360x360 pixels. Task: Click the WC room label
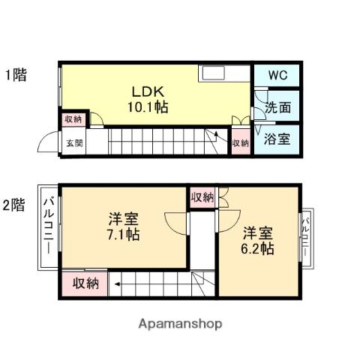278,75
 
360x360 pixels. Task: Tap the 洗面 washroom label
277,107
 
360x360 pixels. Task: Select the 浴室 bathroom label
277,139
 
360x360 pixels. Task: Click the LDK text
148,91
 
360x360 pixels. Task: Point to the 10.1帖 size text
148,107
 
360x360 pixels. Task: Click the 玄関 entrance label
74,142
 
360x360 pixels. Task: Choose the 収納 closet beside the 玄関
73,119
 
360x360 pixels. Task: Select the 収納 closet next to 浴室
241,142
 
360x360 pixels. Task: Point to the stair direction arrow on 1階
217,137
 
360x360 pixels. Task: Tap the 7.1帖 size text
123,235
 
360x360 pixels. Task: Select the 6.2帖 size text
257,249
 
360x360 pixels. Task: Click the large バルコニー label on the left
49,226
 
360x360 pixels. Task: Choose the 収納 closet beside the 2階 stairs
85,283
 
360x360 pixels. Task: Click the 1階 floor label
16,74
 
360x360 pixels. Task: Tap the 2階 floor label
14,205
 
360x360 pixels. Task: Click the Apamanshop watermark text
180,324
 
